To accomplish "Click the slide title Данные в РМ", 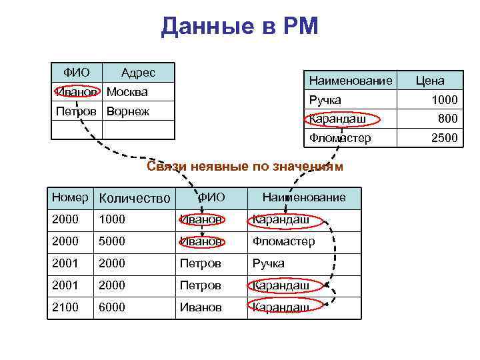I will pyautogui.click(x=240, y=27).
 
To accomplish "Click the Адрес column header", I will pyautogui.click(x=138, y=73).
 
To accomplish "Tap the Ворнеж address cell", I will pyautogui.click(x=128, y=111).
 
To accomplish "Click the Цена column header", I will pyautogui.click(x=430, y=81).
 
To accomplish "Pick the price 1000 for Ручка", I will pyautogui.click(x=443, y=100).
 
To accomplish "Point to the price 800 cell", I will pyautogui.click(x=447, y=119).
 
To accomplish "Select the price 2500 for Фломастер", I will pyautogui.click(x=443, y=139).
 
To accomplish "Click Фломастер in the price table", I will pyautogui.click(x=340, y=139).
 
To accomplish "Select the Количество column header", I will pyautogui.click(x=134, y=198).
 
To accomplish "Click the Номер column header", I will pyautogui.click(x=70, y=197).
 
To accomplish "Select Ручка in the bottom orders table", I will pyautogui.click(x=268, y=263).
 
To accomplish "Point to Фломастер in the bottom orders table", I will pyautogui.click(x=283, y=241).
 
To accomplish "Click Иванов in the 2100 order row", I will pyautogui.click(x=201, y=307).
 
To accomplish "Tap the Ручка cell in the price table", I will pyautogui.click(x=325, y=100).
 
